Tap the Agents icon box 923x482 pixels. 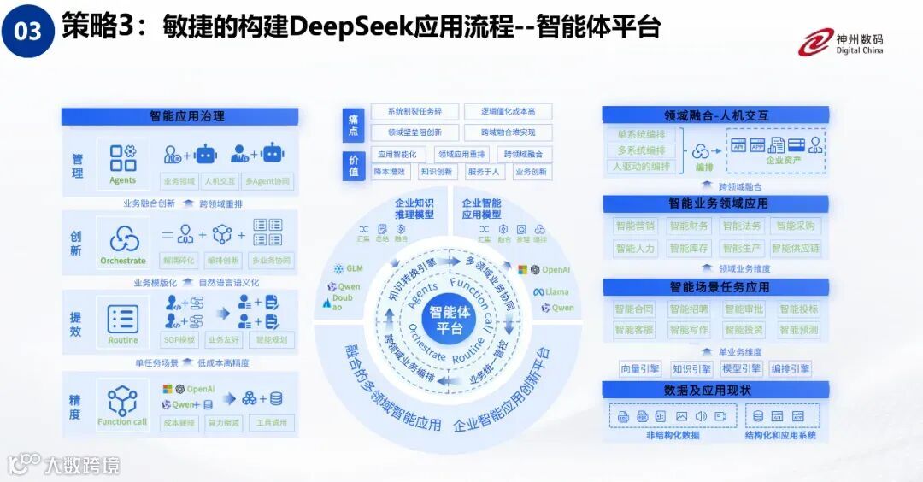(122, 163)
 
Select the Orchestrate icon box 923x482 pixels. (123, 244)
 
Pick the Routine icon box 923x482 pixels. (122, 323)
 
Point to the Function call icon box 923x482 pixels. (122, 404)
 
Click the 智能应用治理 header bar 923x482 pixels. (179, 116)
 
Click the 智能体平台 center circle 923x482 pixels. (450, 320)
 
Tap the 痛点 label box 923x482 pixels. (353, 123)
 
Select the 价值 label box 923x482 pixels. (353, 165)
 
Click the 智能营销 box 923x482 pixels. (634, 226)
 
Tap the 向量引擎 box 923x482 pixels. (640, 368)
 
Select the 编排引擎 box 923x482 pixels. (790, 368)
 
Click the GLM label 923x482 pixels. (350, 268)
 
